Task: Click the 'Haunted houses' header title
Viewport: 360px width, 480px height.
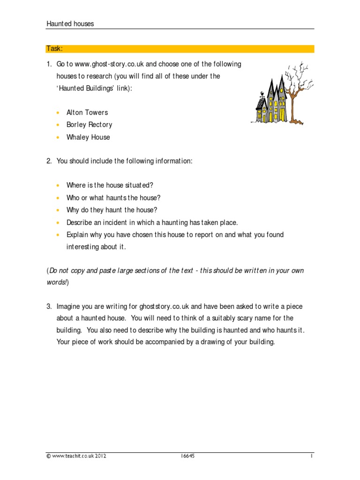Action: [x=70, y=24]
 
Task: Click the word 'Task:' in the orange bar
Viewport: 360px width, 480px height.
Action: [x=54, y=49]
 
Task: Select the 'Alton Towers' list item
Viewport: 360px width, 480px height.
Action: [x=87, y=112]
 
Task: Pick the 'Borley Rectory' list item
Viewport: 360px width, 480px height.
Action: [x=89, y=125]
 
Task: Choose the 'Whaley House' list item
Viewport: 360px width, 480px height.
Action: [x=88, y=137]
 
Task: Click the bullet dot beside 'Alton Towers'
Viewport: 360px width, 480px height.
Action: [x=58, y=113]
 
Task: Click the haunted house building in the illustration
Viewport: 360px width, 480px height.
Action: [x=270, y=101]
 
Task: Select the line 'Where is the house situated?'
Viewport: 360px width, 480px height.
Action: [x=110, y=185]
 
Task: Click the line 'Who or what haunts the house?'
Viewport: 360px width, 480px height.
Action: [x=113, y=198]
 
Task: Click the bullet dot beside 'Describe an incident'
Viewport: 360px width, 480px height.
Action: [x=58, y=223]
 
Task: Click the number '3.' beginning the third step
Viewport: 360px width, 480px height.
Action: [x=49, y=306]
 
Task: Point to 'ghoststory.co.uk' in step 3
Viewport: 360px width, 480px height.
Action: [x=164, y=306]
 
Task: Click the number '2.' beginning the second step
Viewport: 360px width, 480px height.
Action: [x=49, y=161]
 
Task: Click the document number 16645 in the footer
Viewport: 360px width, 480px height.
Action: [x=187, y=456]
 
